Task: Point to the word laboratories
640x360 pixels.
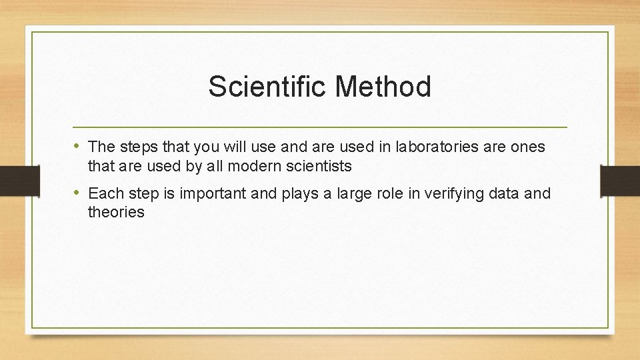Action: tap(437, 146)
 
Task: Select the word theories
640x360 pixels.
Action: tap(116, 213)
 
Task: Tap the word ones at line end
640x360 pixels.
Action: tap(528, 146)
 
